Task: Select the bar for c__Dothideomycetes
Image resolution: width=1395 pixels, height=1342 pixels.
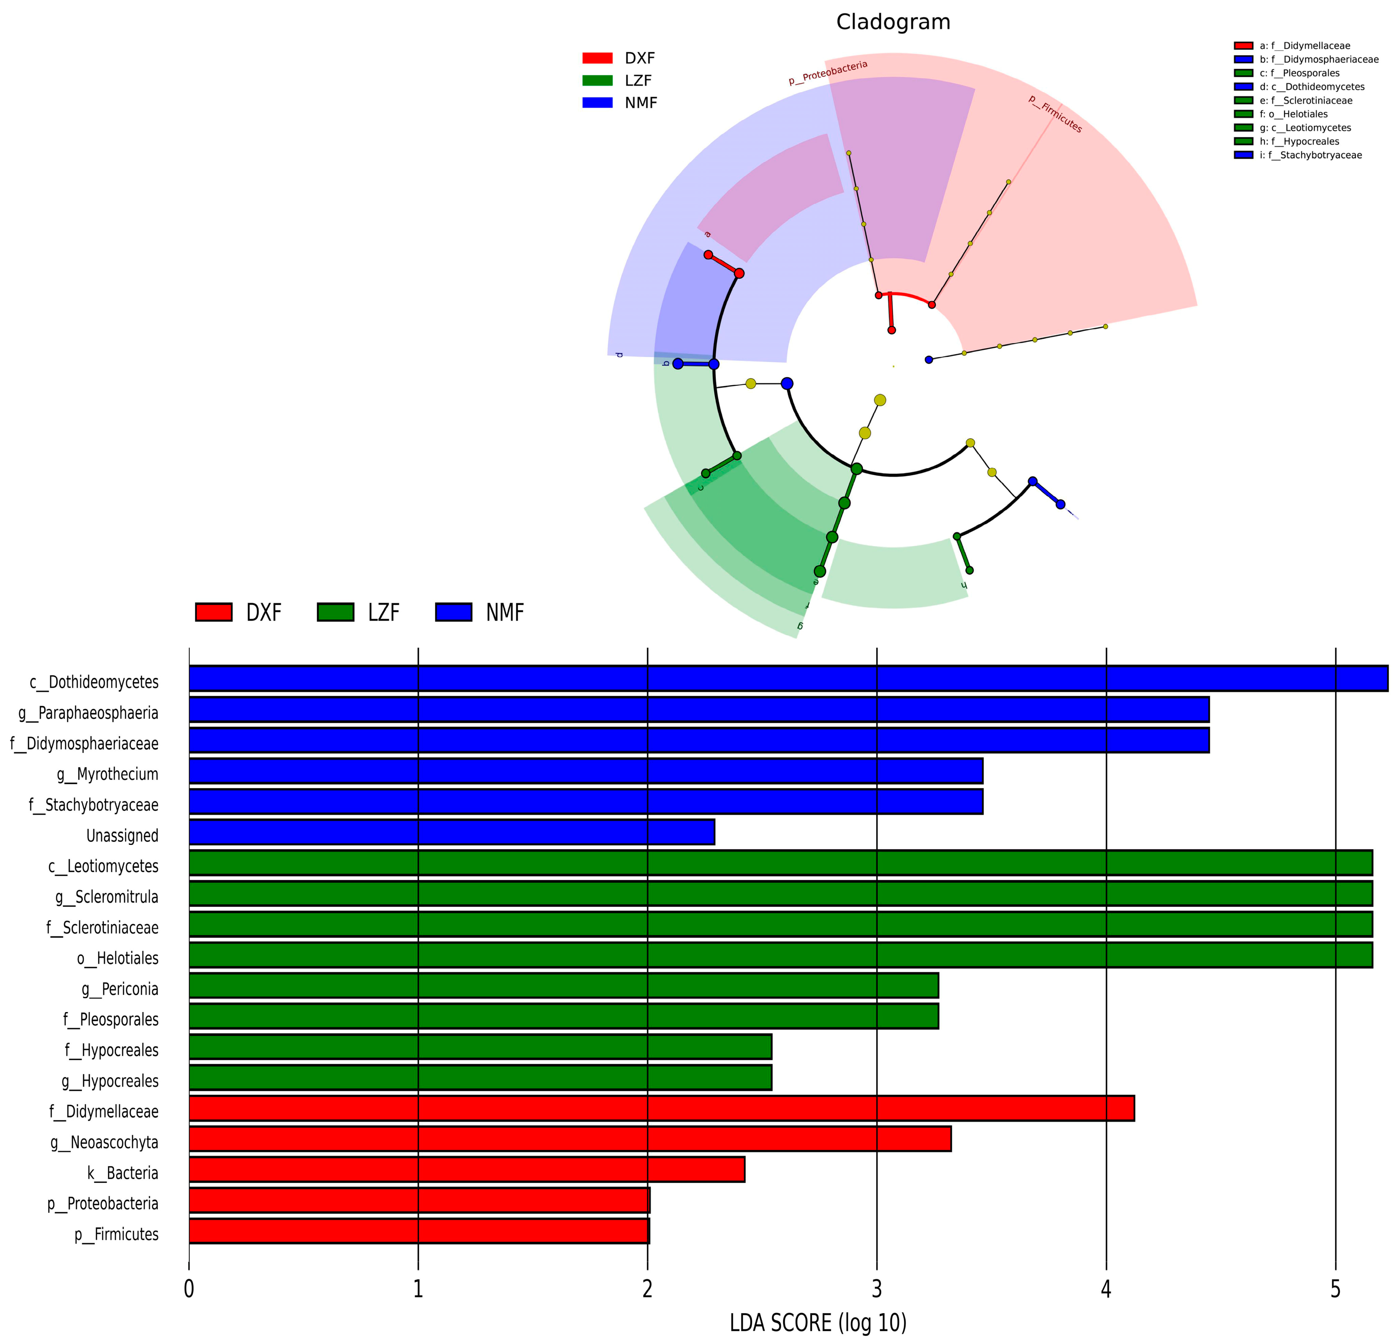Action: tap(788, 678)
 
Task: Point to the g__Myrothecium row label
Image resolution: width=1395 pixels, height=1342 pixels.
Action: tap(107, 774)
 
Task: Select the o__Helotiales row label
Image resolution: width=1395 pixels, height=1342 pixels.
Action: tap(117, 958)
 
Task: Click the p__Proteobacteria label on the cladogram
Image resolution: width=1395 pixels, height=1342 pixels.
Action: tap(828, 73)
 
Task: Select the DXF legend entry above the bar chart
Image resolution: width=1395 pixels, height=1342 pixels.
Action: tap(239, 612)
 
